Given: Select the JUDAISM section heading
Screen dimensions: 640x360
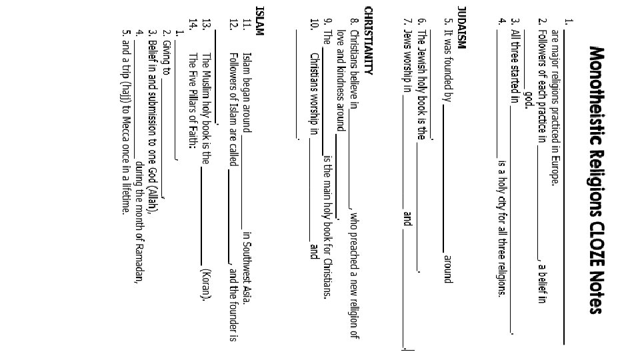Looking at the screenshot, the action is pos(461,27).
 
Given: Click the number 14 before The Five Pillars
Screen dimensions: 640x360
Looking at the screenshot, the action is pos(193,24).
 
